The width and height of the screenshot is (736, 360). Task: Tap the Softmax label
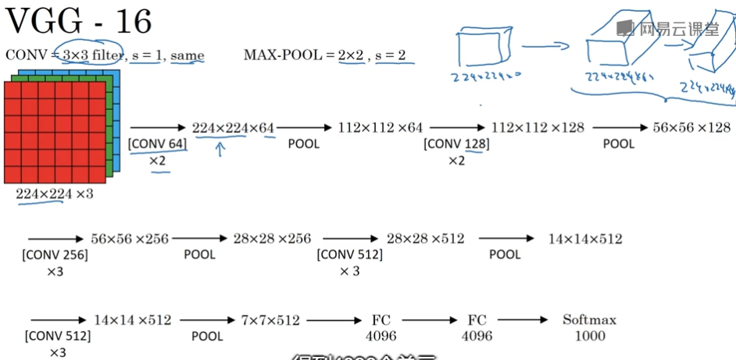click(x=589, y=319)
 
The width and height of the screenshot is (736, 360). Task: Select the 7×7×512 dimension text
click(x=270, y=320)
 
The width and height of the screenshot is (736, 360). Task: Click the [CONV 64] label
click(x=157, y=144)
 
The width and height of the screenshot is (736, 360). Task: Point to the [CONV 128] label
click(x=456, y=144)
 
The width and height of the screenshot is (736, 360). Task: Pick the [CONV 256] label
click(x=55, y=255)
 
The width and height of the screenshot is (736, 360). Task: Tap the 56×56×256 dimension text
click(x=130, y=238)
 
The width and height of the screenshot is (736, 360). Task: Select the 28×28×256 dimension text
click(x=271, y=238)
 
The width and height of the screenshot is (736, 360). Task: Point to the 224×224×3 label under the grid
click(x=55, y=194)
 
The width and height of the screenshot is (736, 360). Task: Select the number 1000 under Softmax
click(x=589, y=336)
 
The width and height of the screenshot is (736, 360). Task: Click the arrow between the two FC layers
click(x=429, y=319)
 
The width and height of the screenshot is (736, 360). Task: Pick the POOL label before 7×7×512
click(x=207, y=337)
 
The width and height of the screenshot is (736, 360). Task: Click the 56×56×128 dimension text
click(x=691, y=127)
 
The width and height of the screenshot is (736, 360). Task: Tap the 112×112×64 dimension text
click(x=380, y=127)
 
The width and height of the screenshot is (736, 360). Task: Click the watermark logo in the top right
click(x=623, y=29)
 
